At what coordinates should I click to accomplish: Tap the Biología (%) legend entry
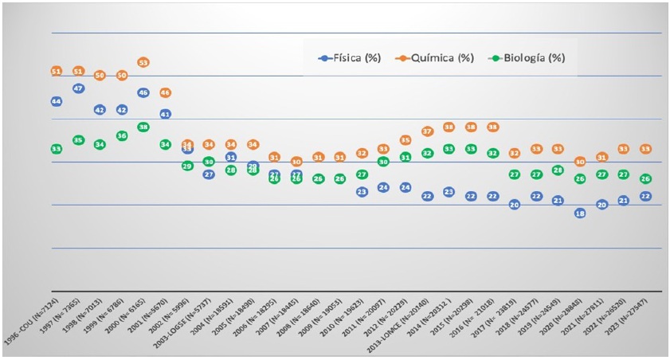click(x=523, y=58)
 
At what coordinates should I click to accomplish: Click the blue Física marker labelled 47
click(x=78, y=88)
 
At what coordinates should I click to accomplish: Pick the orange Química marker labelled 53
click(x=143, y=62)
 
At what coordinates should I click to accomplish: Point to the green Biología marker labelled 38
click(x=143, y=127)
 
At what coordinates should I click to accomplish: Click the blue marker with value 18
click(x=580, y=213)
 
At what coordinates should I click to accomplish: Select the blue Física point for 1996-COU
click(x=57, y=101)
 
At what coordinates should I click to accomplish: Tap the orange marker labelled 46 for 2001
click(x=165, y=92)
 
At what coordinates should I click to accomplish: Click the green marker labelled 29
click(x=187, y=166)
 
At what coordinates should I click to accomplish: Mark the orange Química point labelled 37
click(x=427, y=131)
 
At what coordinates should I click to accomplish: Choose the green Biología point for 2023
click(x=645, y=178)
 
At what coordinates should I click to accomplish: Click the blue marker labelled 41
click(x=165, y=114)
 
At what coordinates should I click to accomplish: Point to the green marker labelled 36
click(x=122, y=135)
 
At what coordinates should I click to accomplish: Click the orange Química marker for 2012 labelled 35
click(x=406, y=140)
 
